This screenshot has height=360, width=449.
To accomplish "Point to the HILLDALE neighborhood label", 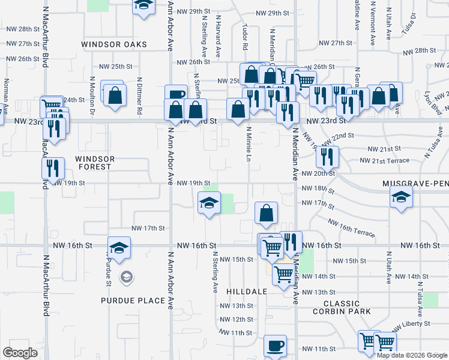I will tap(247, 291).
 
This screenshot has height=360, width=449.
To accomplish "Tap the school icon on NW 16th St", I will tap(119, 248).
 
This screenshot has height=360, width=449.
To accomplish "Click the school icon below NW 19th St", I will tap(209, 203).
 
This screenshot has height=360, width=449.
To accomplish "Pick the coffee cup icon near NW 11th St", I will tap(275, 346).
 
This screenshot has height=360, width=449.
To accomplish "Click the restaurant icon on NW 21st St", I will tap(328, 157).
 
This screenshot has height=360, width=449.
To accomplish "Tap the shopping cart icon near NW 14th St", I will tap(283, 275).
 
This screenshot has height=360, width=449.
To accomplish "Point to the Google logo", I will tap(20, 353).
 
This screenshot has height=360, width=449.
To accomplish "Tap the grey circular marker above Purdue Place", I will tap(127, 277).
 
